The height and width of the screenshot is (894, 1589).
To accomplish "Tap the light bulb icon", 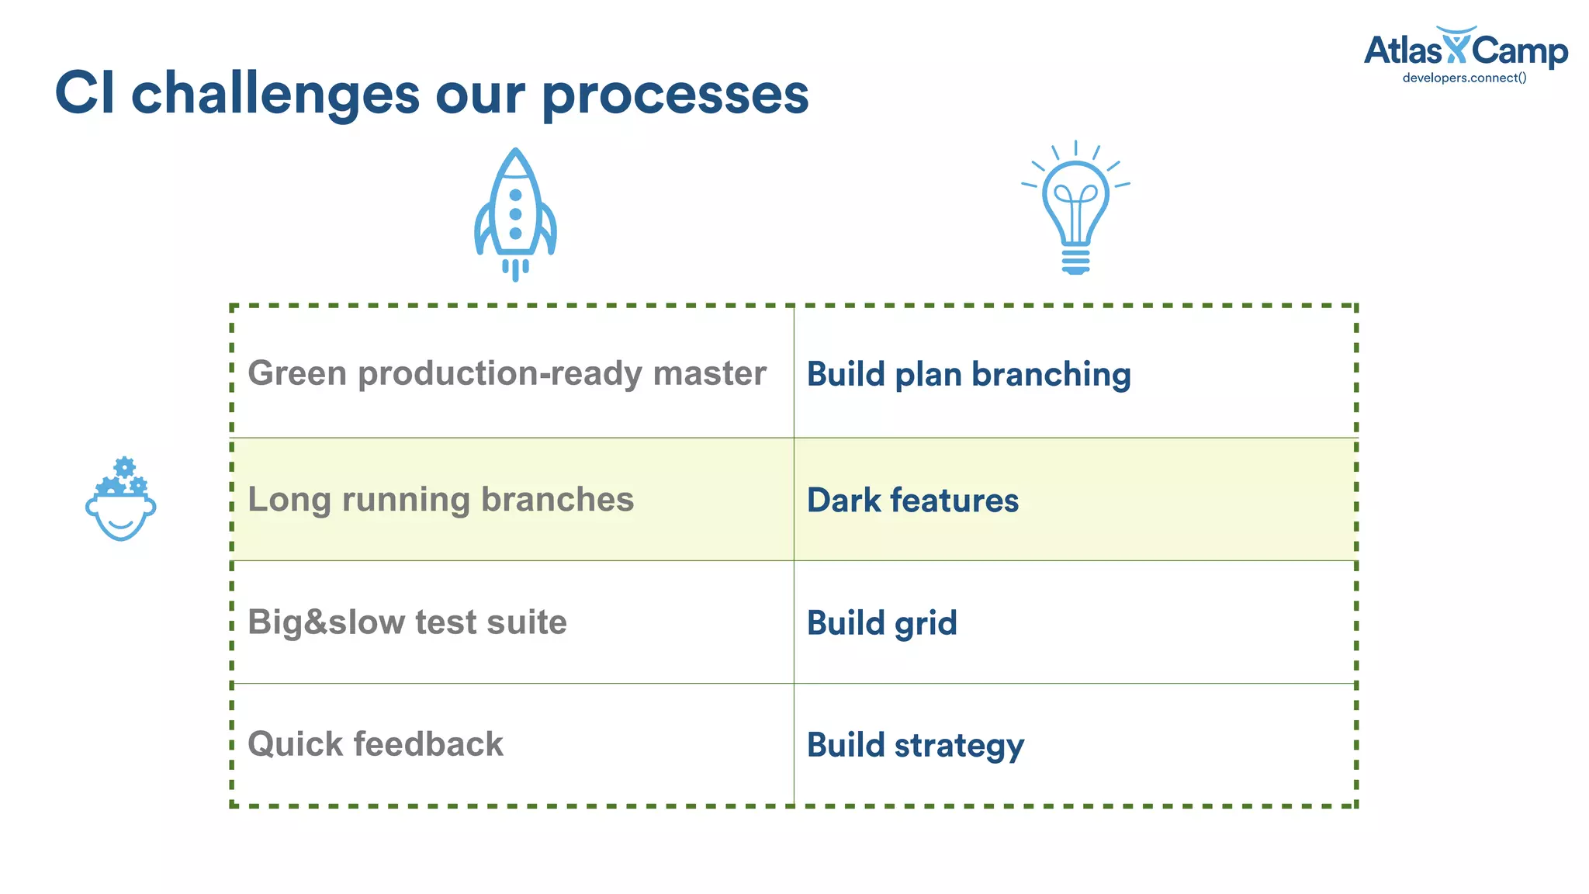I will click(1075, 206).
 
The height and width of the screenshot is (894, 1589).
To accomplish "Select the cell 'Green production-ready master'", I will click(507, 373).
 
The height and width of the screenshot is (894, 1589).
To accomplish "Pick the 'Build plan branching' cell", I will click(968, 374).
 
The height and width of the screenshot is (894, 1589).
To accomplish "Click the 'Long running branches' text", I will click(441, 499).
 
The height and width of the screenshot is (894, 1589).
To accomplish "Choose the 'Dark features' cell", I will click(912, 500).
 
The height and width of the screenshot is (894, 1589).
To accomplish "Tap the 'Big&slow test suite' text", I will click(407, 622).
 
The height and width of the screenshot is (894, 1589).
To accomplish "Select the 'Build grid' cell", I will click(881, 623).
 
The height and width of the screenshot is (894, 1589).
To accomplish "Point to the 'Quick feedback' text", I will click(376, 744).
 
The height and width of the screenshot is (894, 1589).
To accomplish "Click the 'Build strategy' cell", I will click(916, 745).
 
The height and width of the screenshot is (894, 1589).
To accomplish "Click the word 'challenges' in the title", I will click(275, 94).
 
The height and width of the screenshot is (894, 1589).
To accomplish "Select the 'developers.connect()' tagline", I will click(1464, 78).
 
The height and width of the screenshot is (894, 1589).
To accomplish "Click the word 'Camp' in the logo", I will click(1519, 52).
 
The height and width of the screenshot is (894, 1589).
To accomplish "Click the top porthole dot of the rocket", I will click(515, 195).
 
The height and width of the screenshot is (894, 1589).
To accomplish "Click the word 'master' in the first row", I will click(709, 373).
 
